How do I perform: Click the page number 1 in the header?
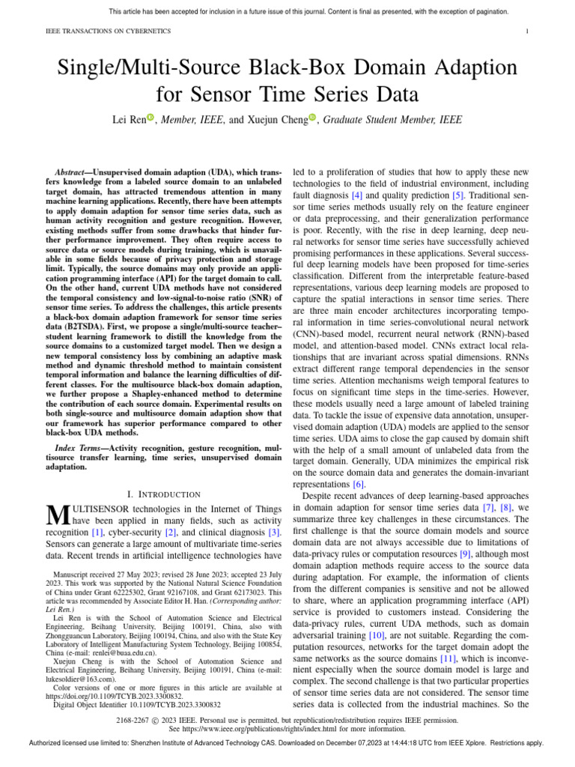[528, 31]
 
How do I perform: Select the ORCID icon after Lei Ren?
[150, 118]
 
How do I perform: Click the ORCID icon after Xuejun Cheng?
[312, 118]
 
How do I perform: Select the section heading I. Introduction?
[164, 494]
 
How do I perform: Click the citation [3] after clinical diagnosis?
[275, 532]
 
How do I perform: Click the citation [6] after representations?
[359, 484]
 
